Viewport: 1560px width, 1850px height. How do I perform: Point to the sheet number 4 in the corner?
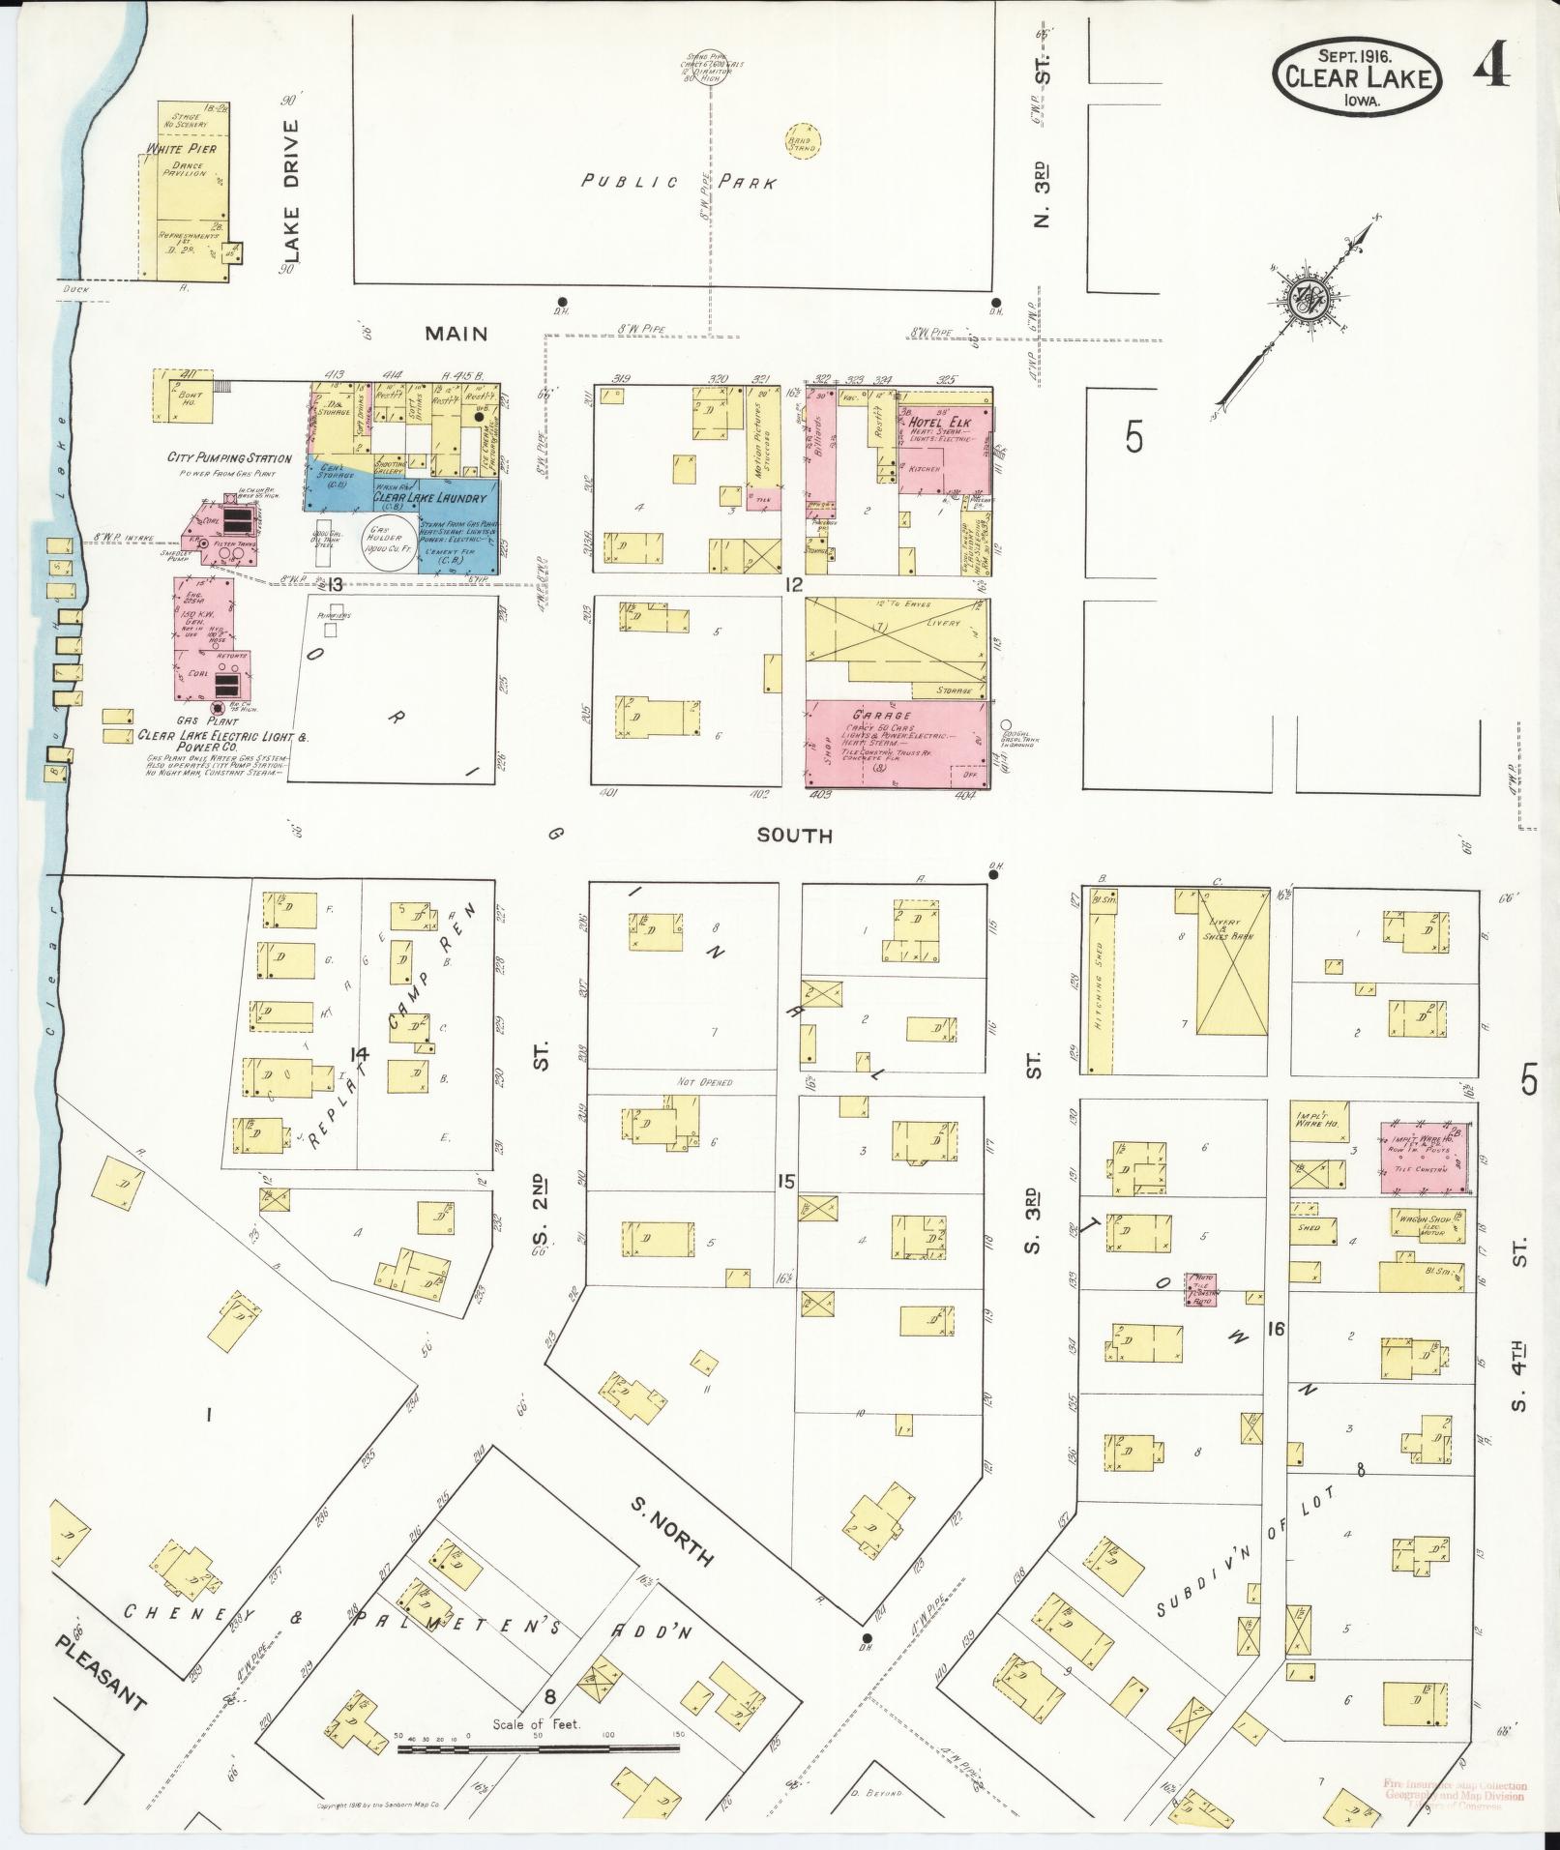tap(1491, 71)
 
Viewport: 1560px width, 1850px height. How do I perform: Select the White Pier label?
tap(181, 149)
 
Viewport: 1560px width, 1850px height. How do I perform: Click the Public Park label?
tap(678, 181)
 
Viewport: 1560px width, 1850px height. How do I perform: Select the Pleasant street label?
tap(100, 997)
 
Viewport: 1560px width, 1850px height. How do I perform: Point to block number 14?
tap(360, 1053)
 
